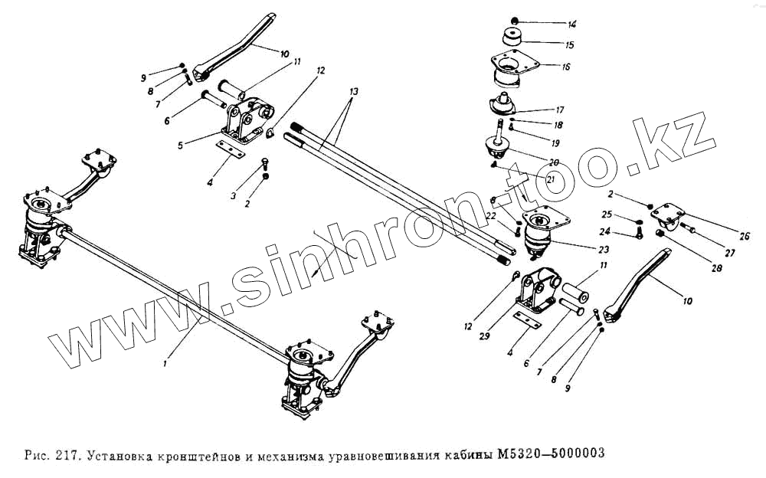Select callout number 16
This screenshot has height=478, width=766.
tap(565, 67)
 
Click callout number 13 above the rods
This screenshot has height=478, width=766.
tap(352, 91)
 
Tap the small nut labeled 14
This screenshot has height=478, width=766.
tap(514, 20)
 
